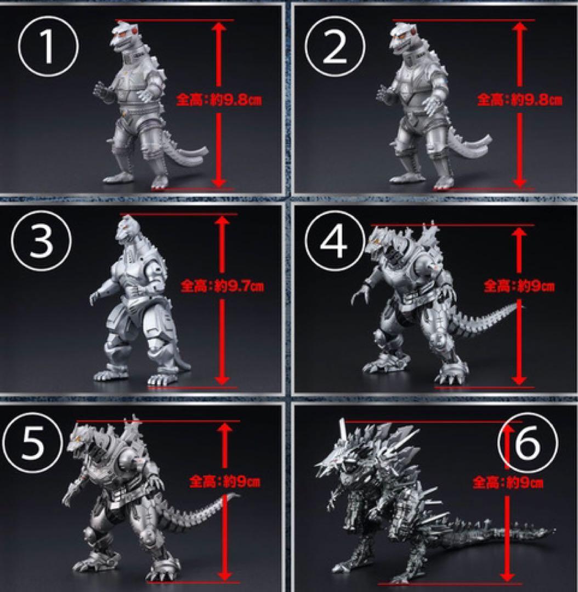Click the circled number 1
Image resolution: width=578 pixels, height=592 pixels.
pos(48,47)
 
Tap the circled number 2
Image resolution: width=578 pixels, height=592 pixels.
pos(335,47)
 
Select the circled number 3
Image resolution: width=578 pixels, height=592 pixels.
pos(41,241)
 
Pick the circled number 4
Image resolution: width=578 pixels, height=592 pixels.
pos(335,241)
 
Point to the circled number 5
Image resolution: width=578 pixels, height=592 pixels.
pos(32,442)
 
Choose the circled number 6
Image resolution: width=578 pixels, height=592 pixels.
pos(528,442)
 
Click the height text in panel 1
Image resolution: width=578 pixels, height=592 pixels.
pos(219,100)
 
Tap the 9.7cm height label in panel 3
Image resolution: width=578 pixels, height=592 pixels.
pos(223,286)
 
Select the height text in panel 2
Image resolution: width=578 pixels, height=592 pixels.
pos(519,100)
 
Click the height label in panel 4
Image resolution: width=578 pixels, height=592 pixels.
pos(519,286)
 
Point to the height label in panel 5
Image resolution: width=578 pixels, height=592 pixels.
pos(225,481)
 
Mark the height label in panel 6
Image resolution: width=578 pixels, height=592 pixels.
pos(508,482)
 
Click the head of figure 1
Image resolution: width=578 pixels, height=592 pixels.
pos(123,36)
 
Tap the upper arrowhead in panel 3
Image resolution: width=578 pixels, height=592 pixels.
pos(222,220)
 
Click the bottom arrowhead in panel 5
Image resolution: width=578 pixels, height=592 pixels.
pos(225,575)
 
